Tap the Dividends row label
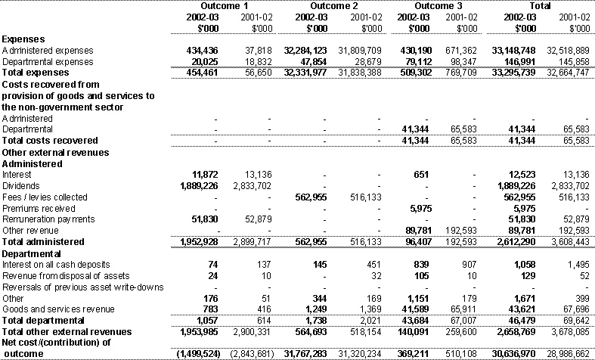click(x=21, y=185)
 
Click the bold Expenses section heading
click(x=23, y=39)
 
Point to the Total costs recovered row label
click(x=50, y=141)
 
